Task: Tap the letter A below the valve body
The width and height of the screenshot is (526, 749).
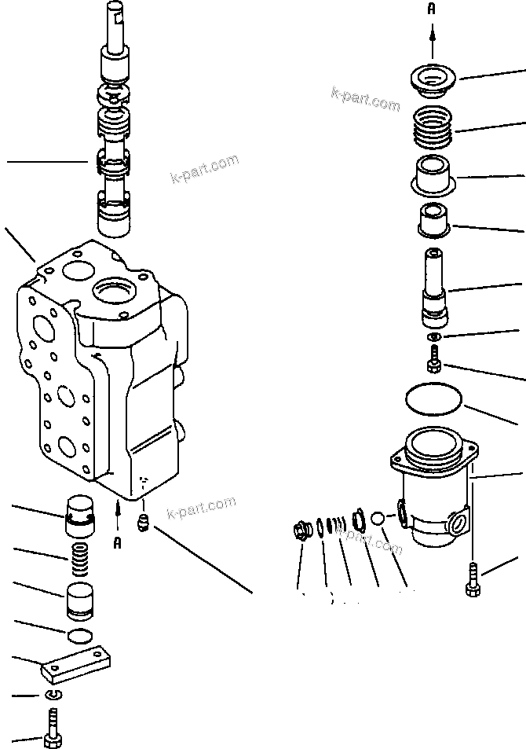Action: pos(117,542)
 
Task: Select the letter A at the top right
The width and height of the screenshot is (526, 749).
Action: pos(432,9)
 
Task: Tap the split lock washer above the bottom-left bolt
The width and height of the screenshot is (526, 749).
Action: pos(53,694)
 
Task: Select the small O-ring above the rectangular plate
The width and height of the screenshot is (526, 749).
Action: pos(80,634)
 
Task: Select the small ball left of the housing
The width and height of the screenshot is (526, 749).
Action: pos(378,520)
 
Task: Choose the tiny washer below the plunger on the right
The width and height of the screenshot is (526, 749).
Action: pos(433,336)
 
